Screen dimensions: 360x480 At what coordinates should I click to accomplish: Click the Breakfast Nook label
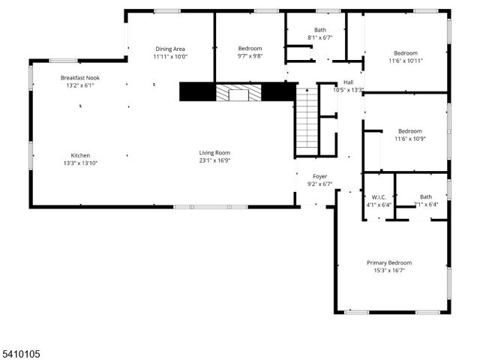tap(80, 77)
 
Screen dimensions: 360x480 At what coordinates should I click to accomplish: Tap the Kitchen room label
tap(80, 155)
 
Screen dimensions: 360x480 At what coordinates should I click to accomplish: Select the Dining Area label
tap(170, 48)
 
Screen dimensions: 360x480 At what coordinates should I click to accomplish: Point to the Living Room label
tap(214, 152)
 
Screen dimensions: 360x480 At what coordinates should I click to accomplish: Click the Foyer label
tap(320, 176)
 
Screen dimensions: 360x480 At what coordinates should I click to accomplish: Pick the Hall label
tap(348, 82)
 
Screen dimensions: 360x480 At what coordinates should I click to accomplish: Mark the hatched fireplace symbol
tap(238, 93)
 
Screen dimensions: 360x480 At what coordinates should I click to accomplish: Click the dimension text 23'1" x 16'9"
tap(214, 160)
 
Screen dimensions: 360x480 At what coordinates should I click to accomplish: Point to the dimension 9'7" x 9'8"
tap(250, 55)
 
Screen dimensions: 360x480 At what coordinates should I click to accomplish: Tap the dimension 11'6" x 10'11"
tap(406, 61)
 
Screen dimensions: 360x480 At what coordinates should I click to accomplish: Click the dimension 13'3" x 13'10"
tap(80, 163)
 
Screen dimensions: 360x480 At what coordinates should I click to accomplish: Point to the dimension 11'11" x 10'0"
tap(170, 55)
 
